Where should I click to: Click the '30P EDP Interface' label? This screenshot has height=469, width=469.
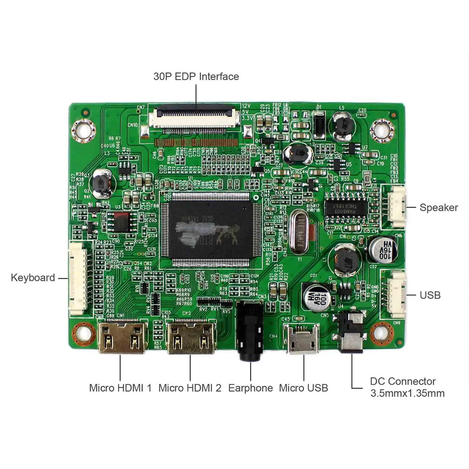[196, 76]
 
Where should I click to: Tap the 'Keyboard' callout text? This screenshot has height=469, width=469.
[33, 278]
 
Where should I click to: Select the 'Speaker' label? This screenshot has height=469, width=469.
[438, 207]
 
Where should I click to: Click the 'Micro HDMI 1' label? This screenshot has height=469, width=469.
[120, 388]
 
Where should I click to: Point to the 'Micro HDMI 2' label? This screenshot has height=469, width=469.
[190, 388]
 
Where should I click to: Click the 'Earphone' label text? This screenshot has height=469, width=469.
[251, 388]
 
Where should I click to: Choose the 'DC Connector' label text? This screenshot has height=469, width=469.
[403, 381]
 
